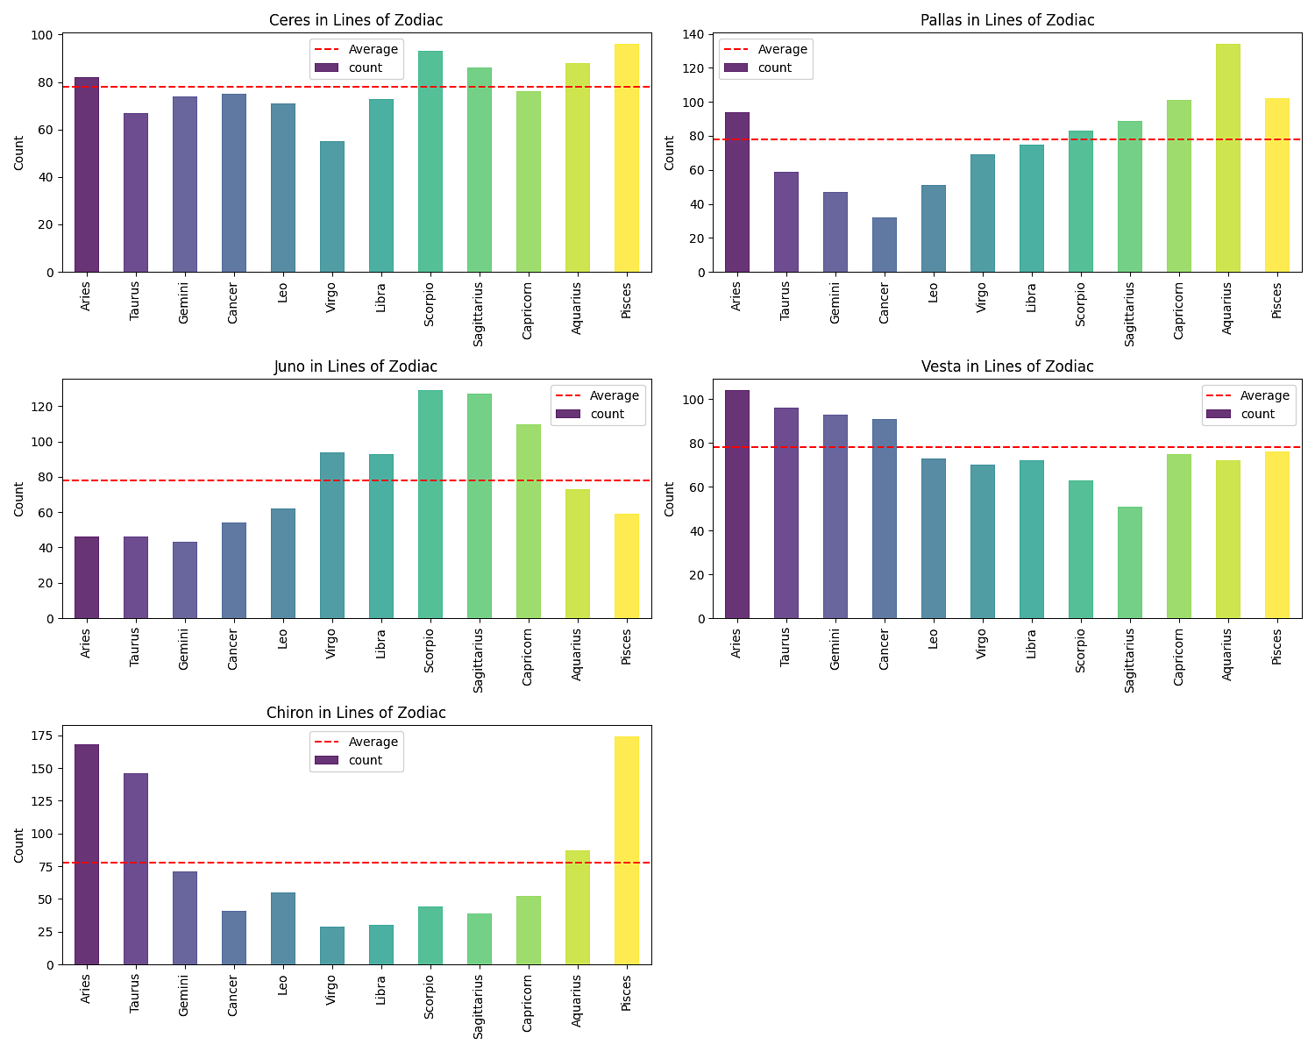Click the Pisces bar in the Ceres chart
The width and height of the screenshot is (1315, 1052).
pos(626,158)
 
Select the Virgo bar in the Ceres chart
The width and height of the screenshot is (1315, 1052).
pos(331,207)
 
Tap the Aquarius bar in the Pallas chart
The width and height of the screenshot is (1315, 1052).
pos(1227,158)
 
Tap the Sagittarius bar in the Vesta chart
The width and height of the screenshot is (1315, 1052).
pos(1129,563)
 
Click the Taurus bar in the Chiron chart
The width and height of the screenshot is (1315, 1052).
pos(135,869)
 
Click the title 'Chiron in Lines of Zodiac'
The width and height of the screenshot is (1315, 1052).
pos(356,713)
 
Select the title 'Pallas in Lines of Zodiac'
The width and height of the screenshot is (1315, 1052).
pos(1007,20)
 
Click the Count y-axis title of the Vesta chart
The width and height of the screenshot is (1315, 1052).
pos(670,499)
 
